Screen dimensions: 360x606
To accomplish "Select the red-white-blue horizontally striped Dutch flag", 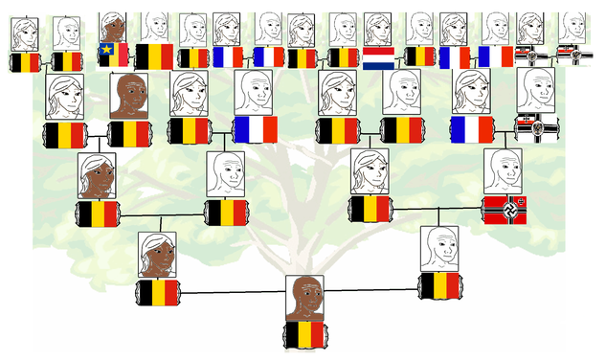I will (379, 57).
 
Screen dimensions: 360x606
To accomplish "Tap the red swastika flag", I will (503, 208).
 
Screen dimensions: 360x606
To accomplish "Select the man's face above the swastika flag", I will (503, 171).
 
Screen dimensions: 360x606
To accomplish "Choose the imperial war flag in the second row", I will (535, 128).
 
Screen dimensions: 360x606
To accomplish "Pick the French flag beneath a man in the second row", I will (255, 129).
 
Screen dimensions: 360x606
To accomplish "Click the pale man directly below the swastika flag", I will (440, 248).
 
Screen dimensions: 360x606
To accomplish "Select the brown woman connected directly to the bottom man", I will (157, 255).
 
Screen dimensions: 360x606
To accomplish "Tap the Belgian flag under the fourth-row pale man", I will (440, 285).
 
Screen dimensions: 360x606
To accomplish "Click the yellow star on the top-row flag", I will (106, 49).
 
